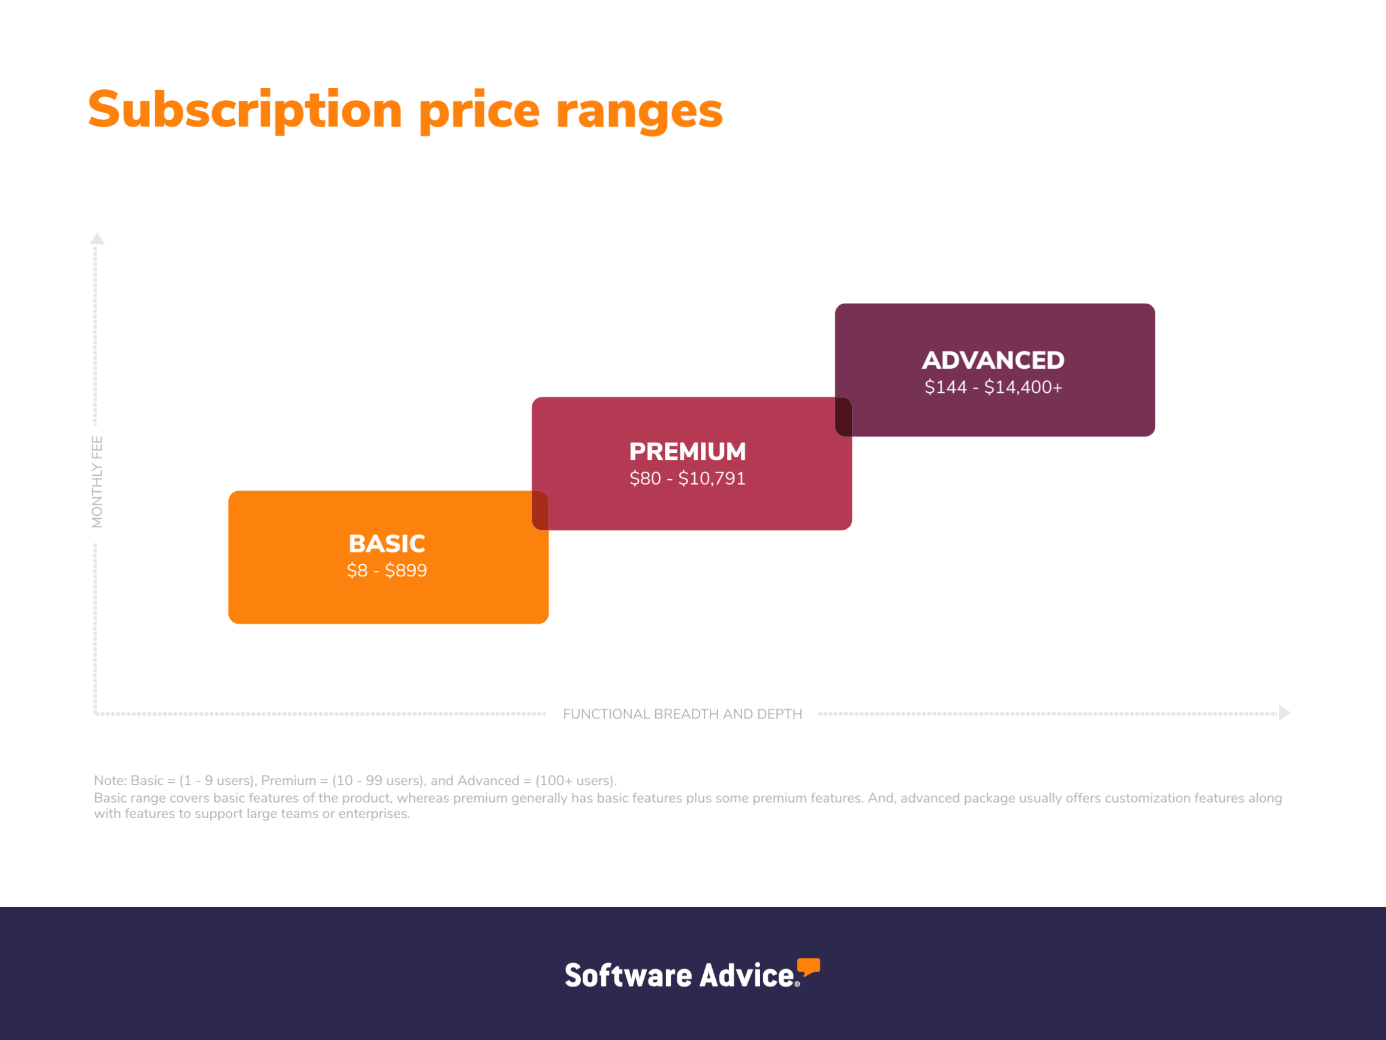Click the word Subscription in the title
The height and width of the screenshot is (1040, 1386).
245,111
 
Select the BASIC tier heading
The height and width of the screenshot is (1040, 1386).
387,543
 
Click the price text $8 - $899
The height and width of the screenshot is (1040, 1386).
387,570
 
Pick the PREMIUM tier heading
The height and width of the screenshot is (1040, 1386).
688,452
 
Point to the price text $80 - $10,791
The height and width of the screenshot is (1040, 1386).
688,478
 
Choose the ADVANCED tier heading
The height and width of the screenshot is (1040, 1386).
993,360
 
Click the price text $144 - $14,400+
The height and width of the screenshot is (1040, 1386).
993,387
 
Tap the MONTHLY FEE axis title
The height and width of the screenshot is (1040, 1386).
97,482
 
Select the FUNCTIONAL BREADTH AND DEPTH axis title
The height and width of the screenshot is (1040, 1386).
682,714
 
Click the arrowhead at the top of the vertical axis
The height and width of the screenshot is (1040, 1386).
97,238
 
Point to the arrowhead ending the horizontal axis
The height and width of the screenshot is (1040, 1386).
1285,713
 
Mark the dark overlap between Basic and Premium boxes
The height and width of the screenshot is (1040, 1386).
540,510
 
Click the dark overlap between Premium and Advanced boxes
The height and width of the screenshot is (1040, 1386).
843,417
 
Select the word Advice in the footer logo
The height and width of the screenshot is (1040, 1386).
747,975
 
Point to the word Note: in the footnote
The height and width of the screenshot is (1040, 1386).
110,780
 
